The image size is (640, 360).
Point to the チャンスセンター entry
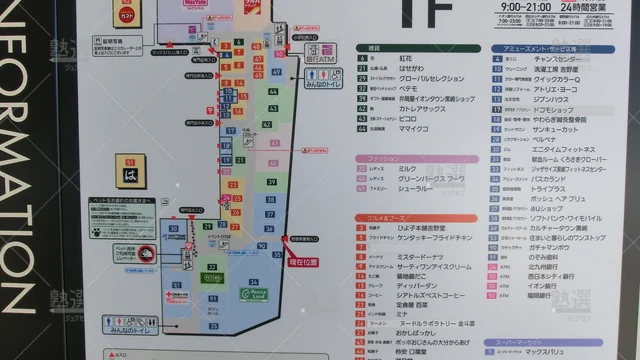[x=555, y=59]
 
